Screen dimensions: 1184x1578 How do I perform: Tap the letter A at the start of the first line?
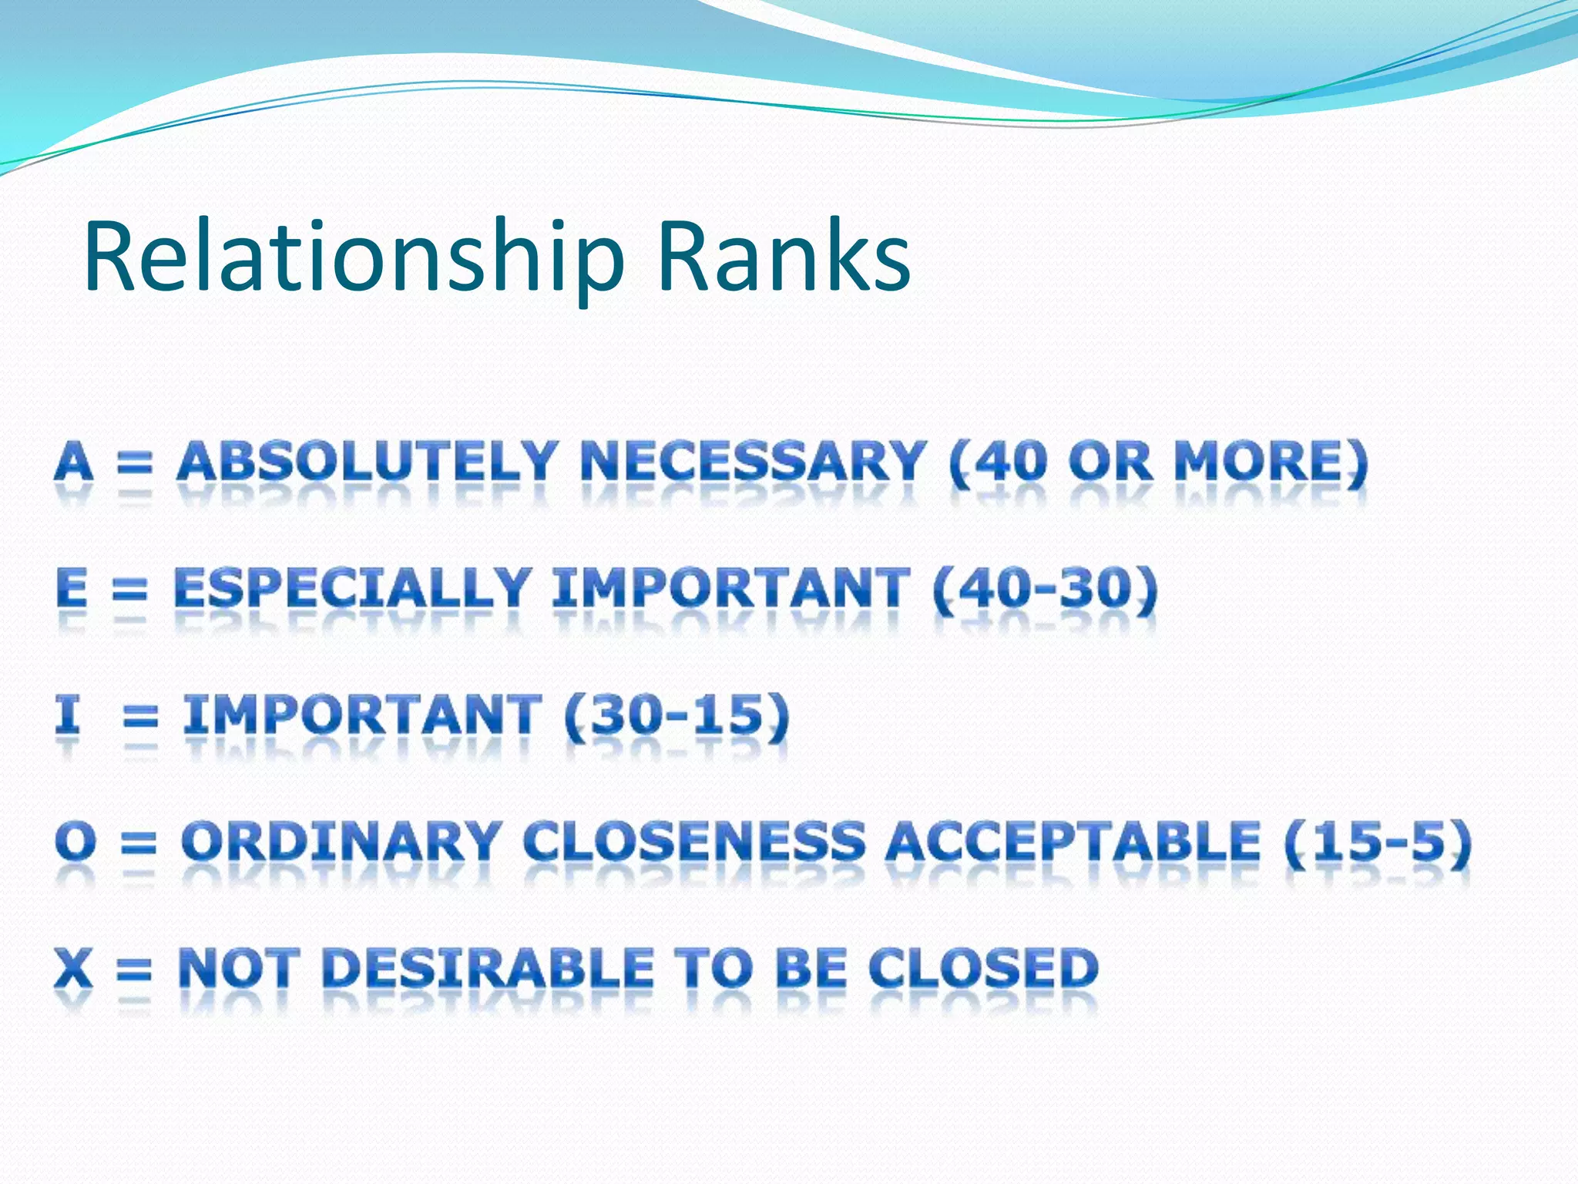(74, 462)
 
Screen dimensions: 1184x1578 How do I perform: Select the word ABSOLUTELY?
(367, 462)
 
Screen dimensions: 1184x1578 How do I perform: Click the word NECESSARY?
(752, 462)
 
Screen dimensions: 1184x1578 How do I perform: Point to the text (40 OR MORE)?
(1158, 462)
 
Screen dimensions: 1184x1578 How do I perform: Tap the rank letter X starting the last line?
(73, 967)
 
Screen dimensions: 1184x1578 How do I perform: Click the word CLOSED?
(983, 967)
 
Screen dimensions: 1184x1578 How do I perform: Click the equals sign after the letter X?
(134, 970)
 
